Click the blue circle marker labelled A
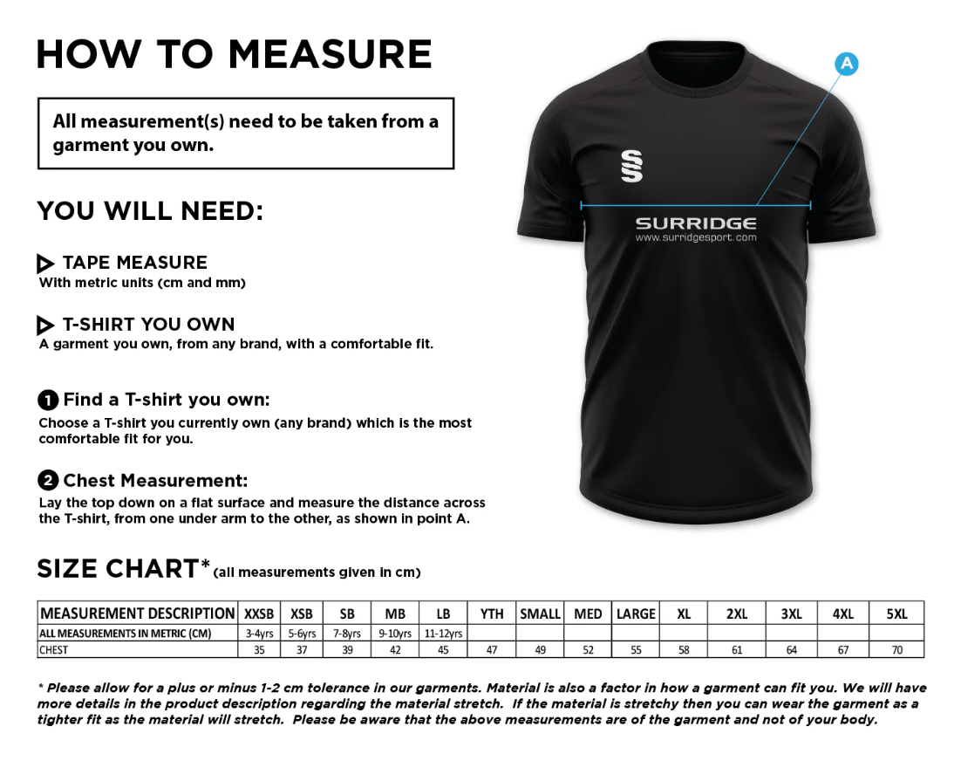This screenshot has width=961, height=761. pyautogui.click(x=846, y=64)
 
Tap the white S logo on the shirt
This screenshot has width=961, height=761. pyautogui.click(x=631, y=166)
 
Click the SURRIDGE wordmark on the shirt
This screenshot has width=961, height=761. pyautogui.click(x=695, y=223)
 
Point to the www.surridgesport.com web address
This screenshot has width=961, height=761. pyautogui.click(x=695, y=237)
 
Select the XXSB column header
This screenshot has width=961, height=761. pyautogui.click(x=259, y=614)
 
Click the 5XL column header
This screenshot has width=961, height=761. pyautogui.click(x=896, y=614)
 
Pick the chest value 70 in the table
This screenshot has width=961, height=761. pyautogui.click(x=896, y=649)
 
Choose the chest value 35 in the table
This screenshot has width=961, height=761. pyautogui.click(x=259, y=649)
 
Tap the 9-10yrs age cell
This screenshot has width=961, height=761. pyautogui.click(x=395, y=633)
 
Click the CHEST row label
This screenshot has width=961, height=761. pyautogui.click(x=53, y=649)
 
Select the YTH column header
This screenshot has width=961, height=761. pyautogui.click(x=492, y=614)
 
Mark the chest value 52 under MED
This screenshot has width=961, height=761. pyautogui.click(x=588, y=649)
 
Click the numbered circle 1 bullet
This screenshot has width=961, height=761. pyautogui.click(x=48, y=401)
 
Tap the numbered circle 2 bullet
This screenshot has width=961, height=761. pyautogui.click(x=48, y=481)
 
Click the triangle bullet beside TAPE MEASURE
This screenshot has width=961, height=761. pyautogui.click(x=46, y=264)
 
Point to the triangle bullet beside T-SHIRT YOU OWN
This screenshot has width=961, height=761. pyautogui.click(x=46, y=326)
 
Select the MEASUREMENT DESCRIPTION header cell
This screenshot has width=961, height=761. pyautogui.click(x=138, y=614)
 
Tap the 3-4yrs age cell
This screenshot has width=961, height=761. pyautogui.click(x=259, y=633)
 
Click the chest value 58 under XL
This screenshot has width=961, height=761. pyautogui.click(x=684, y=649)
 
